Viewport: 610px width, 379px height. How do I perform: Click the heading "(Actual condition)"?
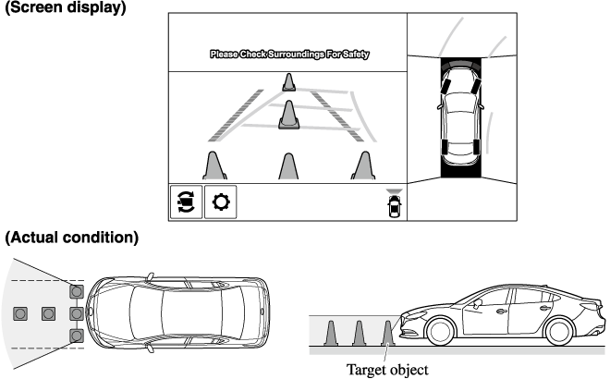pyautogui.click(x=71, y=238)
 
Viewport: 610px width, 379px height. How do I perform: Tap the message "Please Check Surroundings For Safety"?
pyautogui.click(x=289, y=55)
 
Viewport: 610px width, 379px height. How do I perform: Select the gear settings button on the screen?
pyautogui.click(x=220, y=201)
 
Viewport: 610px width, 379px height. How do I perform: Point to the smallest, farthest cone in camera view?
pyautogui.click(x=289, y=81)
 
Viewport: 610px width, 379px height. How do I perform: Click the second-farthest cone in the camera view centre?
pyautogui.click(x=289, y=114)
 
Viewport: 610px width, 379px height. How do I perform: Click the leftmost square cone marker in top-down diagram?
pyautogui.click(x=19, y=313)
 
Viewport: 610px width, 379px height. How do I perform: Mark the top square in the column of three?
pyautogui.click(x=77, y=291)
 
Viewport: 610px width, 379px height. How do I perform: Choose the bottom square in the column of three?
pyautogui.click(x=77, y=335)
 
